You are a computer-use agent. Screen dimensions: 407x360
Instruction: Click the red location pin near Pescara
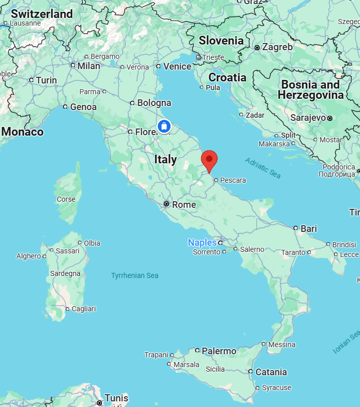[209, 160]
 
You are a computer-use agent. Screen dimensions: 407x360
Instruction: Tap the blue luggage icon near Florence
[164, 125]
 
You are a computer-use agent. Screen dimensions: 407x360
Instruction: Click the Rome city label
[184, 205]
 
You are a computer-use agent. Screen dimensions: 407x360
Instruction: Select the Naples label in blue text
[202, 242]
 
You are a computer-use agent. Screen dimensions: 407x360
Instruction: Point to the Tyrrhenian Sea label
[135, 275]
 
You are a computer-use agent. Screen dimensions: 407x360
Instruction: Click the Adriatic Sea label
[263, 168]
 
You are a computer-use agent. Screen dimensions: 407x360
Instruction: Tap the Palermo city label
[219, 351]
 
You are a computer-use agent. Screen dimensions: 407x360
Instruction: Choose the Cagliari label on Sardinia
[83, 309]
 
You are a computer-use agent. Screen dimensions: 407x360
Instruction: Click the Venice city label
[177, 67]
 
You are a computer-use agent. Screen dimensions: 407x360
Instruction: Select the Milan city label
[89, 66]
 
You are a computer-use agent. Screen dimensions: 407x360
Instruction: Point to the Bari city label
[309, 228]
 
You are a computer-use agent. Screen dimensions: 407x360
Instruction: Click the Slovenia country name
[221, 40]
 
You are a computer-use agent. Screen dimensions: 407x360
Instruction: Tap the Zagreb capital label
[277, 47]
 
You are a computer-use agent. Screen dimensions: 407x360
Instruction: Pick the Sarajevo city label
[308, 118]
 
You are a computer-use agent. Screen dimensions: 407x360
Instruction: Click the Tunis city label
[116, 398]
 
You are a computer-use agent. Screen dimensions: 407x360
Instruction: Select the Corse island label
[66, 199]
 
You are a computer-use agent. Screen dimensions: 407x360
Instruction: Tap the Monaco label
[23, 132]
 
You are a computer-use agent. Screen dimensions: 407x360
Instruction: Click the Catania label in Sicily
[271, 372]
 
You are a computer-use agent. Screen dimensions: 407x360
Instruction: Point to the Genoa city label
[83, 107]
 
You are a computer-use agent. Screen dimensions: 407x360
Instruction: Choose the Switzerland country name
[42, 14]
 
